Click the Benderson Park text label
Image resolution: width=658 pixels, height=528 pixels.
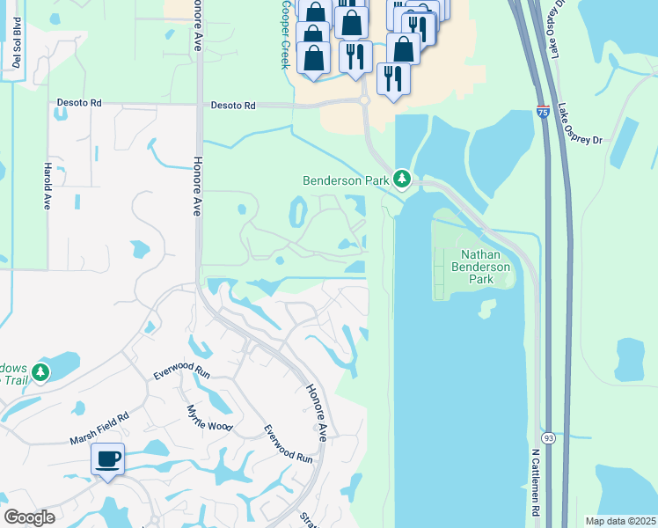pos(346,180)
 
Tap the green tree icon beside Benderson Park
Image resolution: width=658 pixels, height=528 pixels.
pos(402,180)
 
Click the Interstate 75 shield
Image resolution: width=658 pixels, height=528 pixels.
pos(544,112)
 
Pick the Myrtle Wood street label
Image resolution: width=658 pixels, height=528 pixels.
pos(209,417)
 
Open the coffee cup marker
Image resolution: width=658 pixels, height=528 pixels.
pos(107,459)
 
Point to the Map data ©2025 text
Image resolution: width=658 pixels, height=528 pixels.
pos(621,521)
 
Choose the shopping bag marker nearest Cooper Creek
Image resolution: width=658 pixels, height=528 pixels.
pos(312,56)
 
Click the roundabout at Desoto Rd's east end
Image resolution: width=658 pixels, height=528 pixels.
pos(363,101)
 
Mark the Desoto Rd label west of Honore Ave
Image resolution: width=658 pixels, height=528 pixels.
pos(80,104)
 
